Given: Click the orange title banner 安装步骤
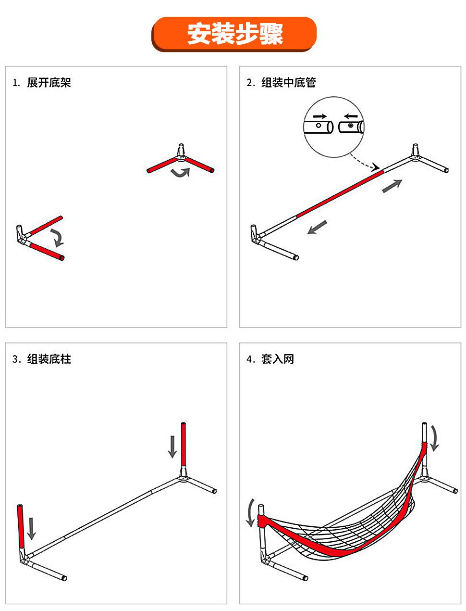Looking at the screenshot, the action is point(234,34).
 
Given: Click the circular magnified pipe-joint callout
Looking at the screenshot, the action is point(334,127).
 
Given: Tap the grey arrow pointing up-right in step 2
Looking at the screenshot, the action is point(392,186).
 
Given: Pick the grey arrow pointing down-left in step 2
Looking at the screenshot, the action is point(317,227).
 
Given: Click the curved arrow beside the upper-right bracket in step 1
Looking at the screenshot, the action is point(181,173).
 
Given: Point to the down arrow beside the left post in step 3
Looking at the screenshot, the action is point(32,528).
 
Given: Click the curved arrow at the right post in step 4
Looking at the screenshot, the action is point(434,438).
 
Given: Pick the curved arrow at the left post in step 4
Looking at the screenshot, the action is point(250,513).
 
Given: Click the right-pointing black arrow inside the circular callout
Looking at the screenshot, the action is point(319,116).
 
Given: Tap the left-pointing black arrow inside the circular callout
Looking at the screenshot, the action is point(351,116).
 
